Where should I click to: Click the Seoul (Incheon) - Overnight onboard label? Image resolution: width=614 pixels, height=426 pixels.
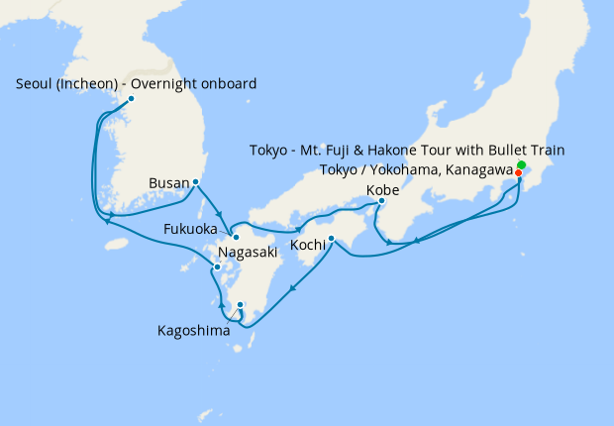pyautogui.click(x=137, y=84)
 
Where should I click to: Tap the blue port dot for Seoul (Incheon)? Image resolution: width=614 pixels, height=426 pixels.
pyautogui.click(x=132, y=98)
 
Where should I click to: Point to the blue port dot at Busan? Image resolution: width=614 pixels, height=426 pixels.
pyautogui.click(x=196, y=182)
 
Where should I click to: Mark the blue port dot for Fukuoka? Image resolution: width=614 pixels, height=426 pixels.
pyautogui.click(x=236, y=238)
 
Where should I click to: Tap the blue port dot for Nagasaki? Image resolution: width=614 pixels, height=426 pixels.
pyautogui.click(x=217, y=267)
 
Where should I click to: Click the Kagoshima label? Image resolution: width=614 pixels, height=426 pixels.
pyautogui.click(x=193, y=331)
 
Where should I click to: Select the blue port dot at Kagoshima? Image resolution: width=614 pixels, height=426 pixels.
pyautogui.click(x=241, y=305)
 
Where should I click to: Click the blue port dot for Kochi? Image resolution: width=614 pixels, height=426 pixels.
pyautogui.click(x=331, y=238)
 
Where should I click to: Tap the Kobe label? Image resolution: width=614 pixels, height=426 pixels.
pyautogui.click(x=382, y=189)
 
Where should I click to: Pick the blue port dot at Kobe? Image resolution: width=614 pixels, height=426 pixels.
pyautogui.click(x=381, y=202)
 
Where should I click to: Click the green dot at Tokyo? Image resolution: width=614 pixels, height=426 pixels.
pyautogui.click(x=521, y=163)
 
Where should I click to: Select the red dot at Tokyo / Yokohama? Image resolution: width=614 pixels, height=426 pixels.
pyautogui.click(x=518, y=172)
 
